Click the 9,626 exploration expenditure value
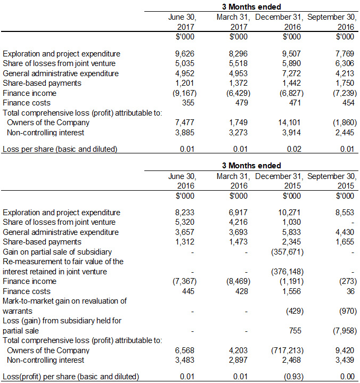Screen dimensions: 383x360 [x=184, y=54]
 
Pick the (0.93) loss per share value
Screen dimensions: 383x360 [x=291, y=377]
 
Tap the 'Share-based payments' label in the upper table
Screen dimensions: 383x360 [x=42, y=83]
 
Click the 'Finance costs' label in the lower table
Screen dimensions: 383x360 [x=27, y=291]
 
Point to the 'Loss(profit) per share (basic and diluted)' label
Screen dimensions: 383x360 [x=71, y=377]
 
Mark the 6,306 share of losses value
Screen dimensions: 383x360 [x=346, y=63]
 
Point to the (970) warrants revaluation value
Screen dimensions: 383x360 [x=346, y=311]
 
